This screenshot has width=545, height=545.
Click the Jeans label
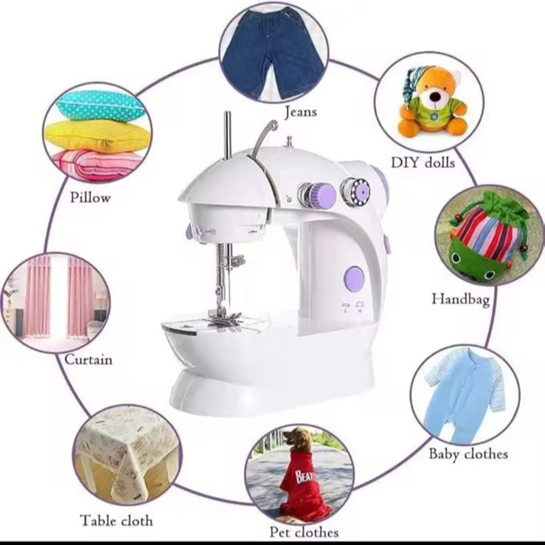tap(301, 112)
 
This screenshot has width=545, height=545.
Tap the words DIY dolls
tap(423, 162)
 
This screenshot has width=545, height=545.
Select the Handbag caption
tap(460, 299)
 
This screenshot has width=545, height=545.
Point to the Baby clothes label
tap(468, 454)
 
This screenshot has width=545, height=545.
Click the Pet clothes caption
tap(304, 532)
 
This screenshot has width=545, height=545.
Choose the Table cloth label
tap(117, 521)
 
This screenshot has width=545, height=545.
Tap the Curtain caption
tap(88, 359)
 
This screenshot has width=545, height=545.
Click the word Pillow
tap(91, 198)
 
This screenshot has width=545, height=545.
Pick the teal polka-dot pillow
tap(100, 105)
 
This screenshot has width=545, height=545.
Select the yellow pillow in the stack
tap(97, 136)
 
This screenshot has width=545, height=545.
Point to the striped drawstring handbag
tap(485, 239)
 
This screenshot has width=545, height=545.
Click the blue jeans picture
tap(273, 53)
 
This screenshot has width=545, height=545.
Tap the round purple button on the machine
tap(353, 279)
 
